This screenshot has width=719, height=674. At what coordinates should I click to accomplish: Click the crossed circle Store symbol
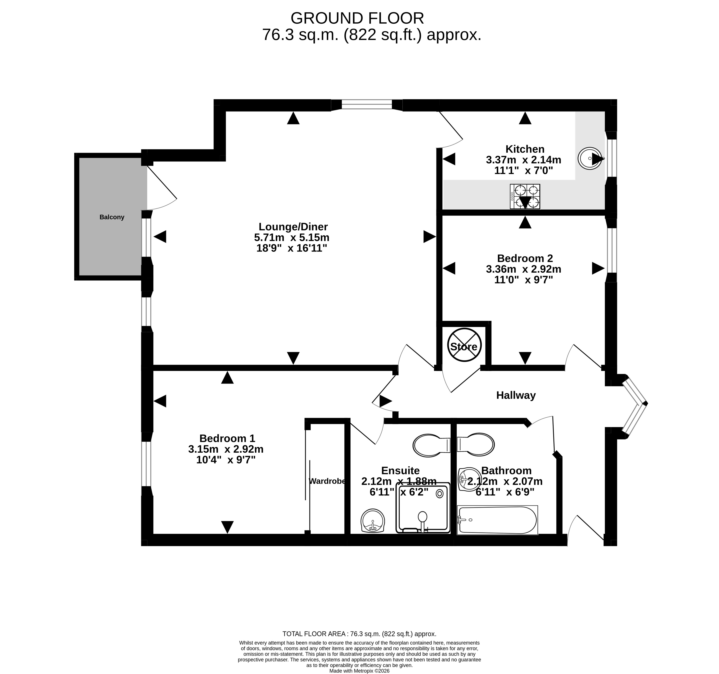(464, 345)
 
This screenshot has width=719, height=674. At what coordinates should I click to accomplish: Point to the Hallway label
(516, 395)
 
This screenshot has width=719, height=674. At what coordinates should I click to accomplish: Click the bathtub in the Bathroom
(497, 520)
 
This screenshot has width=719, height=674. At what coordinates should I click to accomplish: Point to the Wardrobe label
(327, 481)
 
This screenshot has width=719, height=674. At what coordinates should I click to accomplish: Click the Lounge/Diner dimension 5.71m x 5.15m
(292, 238)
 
